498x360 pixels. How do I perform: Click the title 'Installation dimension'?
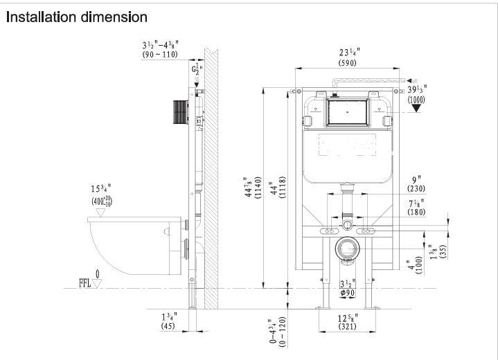(76, 16)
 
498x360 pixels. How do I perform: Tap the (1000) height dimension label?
(417, 100)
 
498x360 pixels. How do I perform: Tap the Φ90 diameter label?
(348, 293)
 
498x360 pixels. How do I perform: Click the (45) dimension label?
(168, 326)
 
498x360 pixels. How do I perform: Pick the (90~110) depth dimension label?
(160, 54)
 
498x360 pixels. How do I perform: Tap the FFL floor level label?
(86, 284)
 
